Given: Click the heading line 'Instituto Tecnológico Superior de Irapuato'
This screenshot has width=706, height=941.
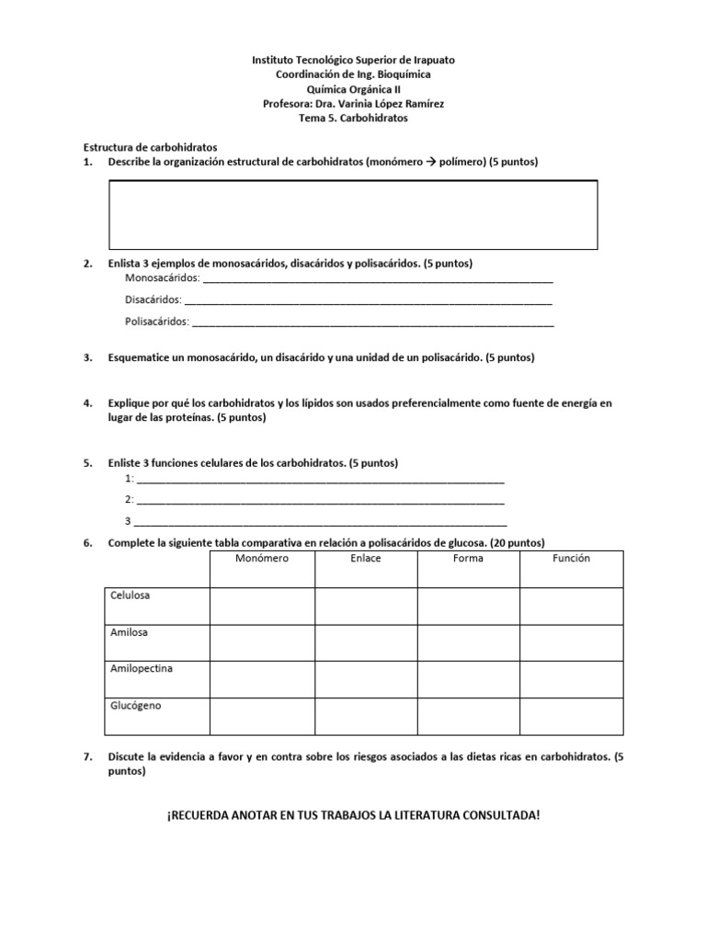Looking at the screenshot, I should coord(353,60).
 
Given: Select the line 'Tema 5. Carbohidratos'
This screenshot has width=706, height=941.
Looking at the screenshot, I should coord(353,119).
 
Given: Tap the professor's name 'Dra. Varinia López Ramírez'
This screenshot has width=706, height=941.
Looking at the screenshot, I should coord(377,104).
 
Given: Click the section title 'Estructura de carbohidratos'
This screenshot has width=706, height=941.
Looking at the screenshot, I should coord(151,147).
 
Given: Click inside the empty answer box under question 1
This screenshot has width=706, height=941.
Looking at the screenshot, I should coord(353,214).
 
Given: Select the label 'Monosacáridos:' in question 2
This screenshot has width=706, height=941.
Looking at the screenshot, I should coord(162,278).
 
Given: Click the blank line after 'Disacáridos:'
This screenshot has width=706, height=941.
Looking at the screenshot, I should coord(368,300).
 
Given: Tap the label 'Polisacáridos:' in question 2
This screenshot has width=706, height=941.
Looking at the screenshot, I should coord(157,322).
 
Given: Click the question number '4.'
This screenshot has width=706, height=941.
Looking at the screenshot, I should coord(88,403).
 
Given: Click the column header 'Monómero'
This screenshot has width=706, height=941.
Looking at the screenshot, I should coord(262,559).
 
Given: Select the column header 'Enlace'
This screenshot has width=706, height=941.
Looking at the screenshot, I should coord(366,559).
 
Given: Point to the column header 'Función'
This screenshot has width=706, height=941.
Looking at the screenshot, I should coord(571,559).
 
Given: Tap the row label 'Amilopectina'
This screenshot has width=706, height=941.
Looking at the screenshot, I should coord(141,668).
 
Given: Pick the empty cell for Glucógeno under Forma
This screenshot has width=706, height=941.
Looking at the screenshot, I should coord(468,717).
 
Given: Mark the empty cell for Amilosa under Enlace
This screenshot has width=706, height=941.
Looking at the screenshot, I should coord(366,643).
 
